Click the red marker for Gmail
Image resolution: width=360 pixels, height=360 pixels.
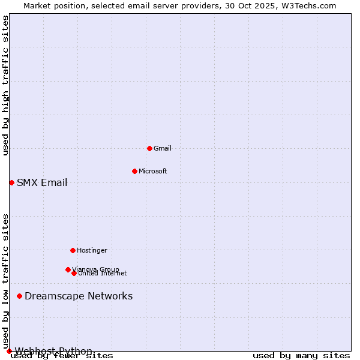(149, 148)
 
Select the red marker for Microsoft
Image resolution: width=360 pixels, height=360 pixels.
(134, 171)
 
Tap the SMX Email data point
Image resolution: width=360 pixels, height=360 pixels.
(11, 182)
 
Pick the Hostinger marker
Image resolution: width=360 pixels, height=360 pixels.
(73, 250)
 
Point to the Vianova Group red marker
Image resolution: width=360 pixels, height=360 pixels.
(68, 269)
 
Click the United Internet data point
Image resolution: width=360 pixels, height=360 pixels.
(74, 273)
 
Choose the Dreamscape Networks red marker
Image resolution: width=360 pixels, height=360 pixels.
(19, 296)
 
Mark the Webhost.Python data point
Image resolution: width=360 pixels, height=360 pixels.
(9, 351)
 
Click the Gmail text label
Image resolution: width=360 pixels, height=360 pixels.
(163, 148)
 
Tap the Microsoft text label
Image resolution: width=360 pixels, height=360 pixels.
(153, 171)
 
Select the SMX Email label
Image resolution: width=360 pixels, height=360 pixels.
(42, 183)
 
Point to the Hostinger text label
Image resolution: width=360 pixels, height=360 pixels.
(92, 250)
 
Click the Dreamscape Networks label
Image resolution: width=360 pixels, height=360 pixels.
(79, 296)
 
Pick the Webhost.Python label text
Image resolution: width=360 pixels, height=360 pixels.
(53, 351)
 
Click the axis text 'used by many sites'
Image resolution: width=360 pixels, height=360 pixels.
(301, 356)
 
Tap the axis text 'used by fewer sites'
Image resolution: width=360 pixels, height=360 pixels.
(62, 356)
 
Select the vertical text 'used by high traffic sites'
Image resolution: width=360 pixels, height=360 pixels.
(6, 85)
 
